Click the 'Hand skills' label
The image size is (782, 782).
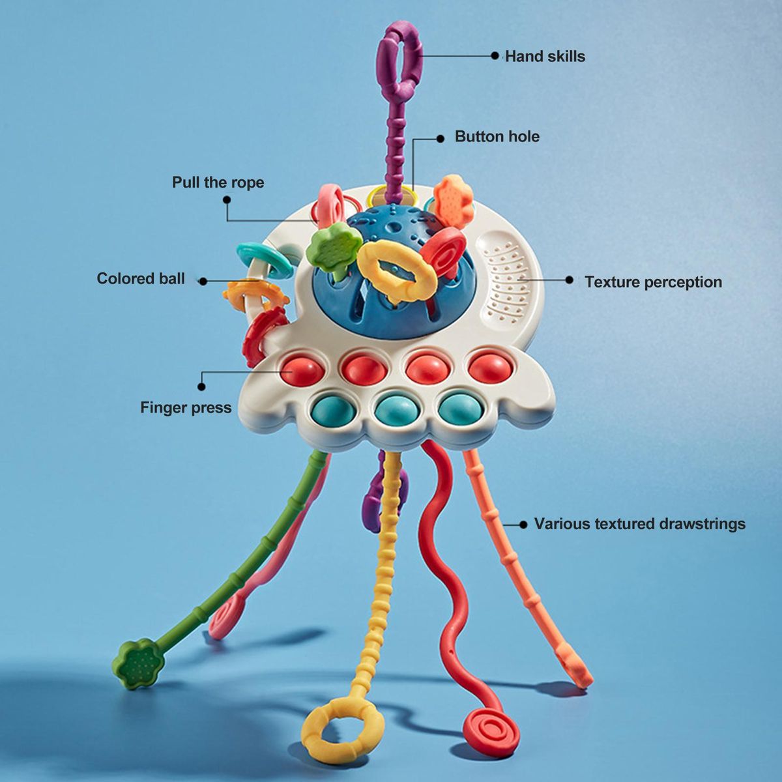545,57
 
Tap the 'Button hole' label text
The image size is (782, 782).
497,137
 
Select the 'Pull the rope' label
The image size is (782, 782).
218,182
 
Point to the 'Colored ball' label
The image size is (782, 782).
141,278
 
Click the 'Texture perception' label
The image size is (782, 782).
654,282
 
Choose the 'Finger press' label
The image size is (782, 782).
186,407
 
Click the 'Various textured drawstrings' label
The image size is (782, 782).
640,524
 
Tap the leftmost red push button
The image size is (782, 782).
302,371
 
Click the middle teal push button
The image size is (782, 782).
396,409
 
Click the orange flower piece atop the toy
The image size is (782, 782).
453,201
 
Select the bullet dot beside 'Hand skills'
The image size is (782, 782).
495,55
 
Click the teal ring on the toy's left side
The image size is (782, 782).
264,260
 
